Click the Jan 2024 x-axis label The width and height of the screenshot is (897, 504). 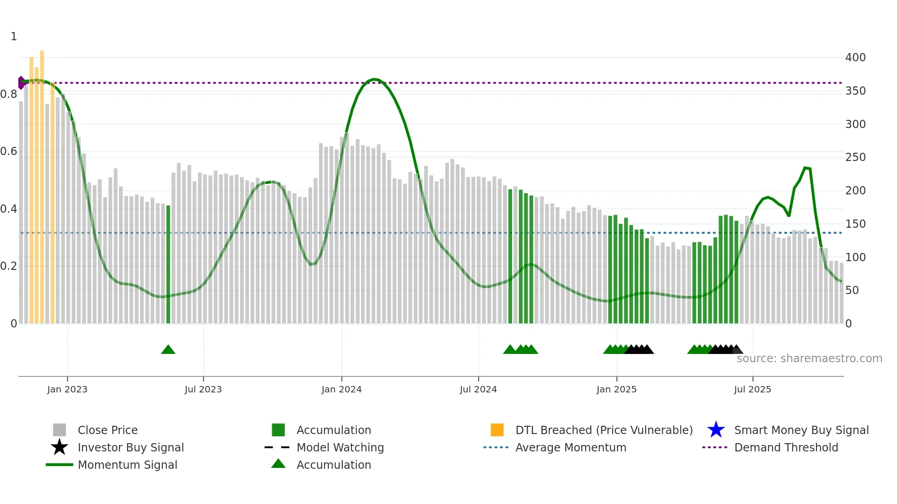341,390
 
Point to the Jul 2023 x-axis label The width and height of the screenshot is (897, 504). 203,390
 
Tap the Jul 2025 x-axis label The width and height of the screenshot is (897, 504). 752,390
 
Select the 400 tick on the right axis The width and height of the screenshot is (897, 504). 855,58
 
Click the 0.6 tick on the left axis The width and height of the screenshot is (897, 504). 9,151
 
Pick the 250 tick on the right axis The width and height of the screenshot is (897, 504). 855,157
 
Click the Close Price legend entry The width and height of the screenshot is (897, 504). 108,430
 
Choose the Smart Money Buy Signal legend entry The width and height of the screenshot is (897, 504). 801,430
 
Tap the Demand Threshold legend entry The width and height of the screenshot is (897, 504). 786,448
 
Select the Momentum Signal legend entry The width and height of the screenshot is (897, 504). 127,465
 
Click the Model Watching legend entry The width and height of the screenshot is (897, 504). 340,448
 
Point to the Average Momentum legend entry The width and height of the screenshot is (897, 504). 571,448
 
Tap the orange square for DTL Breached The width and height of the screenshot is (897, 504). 497,430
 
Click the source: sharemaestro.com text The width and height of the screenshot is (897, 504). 809,359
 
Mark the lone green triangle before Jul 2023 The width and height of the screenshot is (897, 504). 168,350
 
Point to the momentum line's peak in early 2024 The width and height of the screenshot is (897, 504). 374,79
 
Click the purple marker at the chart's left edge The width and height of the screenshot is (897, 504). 21,83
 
